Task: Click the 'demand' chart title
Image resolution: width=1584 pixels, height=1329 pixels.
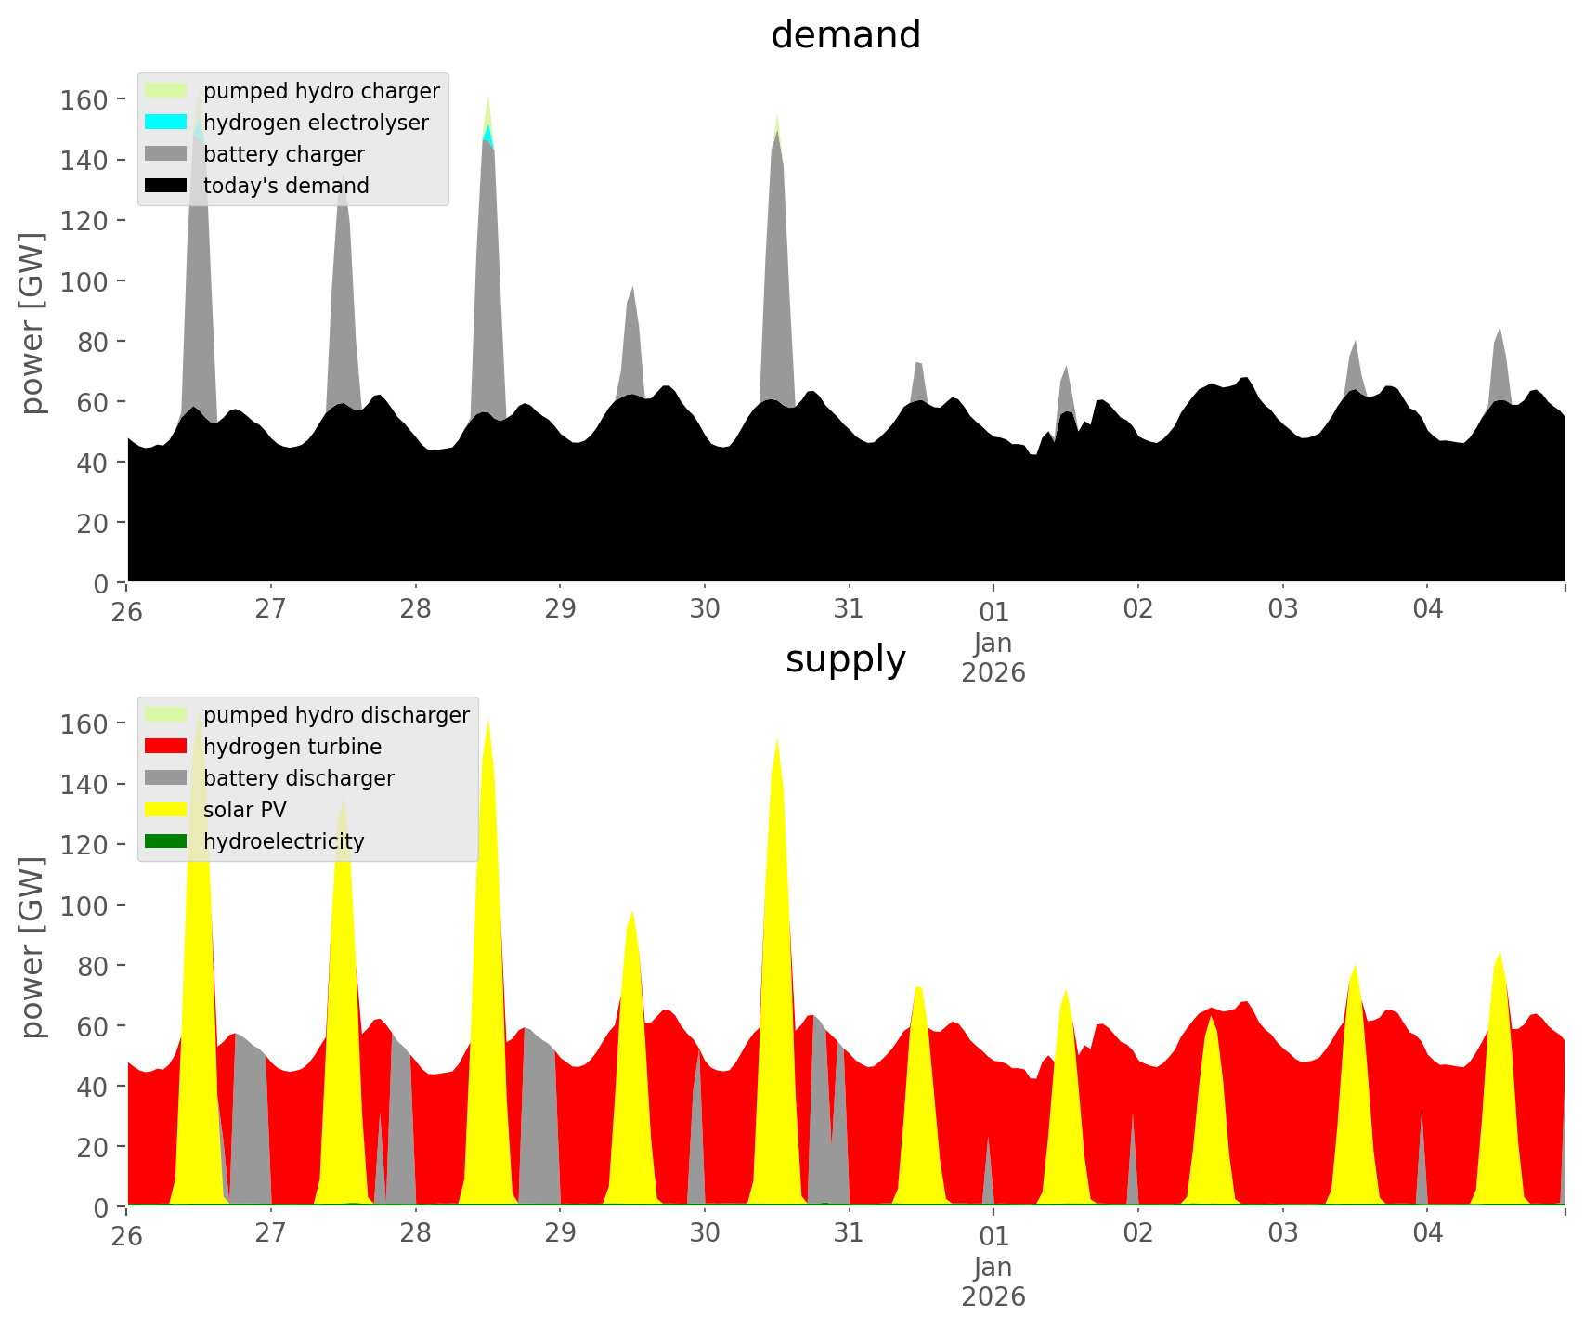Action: tap(845, 35)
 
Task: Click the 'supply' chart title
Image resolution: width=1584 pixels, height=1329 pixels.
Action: tap(845, 659)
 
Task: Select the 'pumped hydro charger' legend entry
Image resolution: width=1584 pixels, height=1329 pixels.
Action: tap(320, 91)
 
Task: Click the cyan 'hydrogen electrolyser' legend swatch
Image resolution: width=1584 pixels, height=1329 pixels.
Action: tap(166, 123)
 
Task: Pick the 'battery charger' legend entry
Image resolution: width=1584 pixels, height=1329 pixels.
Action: tap(283, 154)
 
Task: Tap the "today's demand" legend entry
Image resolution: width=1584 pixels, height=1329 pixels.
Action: tap(286, 186)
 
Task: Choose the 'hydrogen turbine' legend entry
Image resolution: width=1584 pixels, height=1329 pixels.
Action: tap(292, 747)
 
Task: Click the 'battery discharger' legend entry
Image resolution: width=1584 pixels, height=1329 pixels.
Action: tap(298, 778)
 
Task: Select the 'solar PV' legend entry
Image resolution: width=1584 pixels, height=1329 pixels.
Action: tap(244, 810)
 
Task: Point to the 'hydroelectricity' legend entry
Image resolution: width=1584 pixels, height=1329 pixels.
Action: tap(283, 841)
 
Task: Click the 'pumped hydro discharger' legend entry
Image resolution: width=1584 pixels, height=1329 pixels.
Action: tap(335, 715)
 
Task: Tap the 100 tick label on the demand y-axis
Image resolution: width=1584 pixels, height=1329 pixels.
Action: tap(80, 281)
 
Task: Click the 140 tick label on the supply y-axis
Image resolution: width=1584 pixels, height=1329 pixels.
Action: tap(80, 785)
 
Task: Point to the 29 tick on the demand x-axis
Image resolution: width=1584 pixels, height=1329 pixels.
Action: tap(560, 610)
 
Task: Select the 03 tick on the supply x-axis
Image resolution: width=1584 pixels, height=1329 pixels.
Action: tap(1282, 1234)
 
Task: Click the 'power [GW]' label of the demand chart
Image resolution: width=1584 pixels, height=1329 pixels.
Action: tap(32, 323)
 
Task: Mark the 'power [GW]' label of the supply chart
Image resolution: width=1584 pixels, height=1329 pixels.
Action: tap(32, 947)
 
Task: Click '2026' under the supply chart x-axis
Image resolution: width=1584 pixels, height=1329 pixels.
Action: tap(993, 1296)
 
